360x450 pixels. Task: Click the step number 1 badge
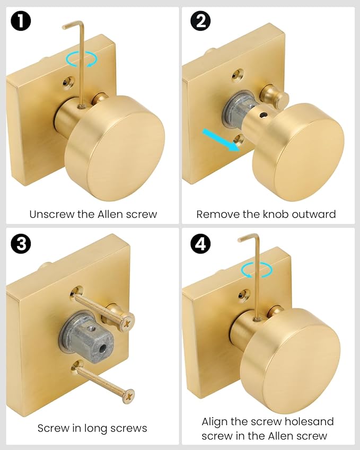pos(21,21)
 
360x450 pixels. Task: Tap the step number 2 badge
pos(200,21)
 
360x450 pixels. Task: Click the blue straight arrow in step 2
pos(221,140)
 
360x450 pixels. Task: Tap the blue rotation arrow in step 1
pos(81,59)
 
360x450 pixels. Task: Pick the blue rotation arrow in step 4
pos(257,270)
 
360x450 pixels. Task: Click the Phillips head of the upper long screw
pos(127,321)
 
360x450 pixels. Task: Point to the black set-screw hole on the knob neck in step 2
pos(262,115)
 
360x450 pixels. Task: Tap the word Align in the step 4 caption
pos(215,422)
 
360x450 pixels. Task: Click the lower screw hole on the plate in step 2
pos(239,140)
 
